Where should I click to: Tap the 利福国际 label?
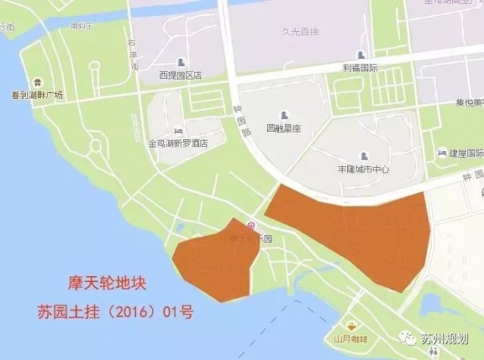(x=361, y=67)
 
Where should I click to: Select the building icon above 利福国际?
(x=361, y=55)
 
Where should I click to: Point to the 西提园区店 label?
(x=181, y=75)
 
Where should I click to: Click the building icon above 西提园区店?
(x=181, y=62)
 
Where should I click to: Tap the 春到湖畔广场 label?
(x=37, y=95)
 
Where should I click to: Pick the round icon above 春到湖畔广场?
(x=37, y=82)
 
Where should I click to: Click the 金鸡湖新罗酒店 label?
(x=178, y=142)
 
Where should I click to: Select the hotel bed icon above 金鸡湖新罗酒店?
(x=178, y=130)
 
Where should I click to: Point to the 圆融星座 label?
(x=284, y=129)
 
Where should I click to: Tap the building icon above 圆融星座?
(x=284, y=116)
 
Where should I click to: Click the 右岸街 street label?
(x=133, y=54)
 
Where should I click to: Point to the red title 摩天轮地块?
(x=98, y=285)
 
